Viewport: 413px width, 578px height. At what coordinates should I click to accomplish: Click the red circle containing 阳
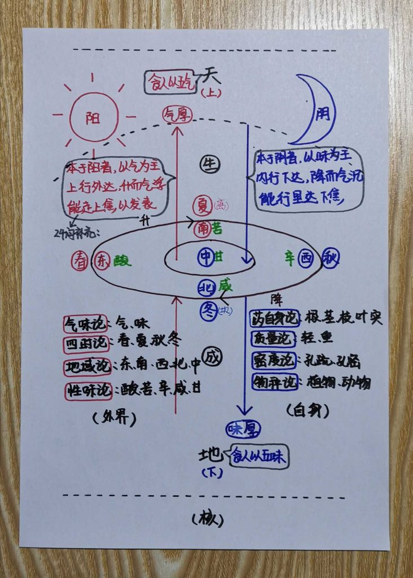pos(94,117)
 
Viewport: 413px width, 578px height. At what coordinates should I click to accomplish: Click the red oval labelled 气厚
pos(177,114)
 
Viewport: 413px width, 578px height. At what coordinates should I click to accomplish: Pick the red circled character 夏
pos(201,205)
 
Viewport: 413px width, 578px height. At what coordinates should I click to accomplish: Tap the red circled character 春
pos(80,261)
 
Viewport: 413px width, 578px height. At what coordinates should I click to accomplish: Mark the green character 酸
pos(122,261)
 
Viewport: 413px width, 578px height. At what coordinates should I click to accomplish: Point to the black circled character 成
pos(212,357)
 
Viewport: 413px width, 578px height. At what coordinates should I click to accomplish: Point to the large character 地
pos(211,455)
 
